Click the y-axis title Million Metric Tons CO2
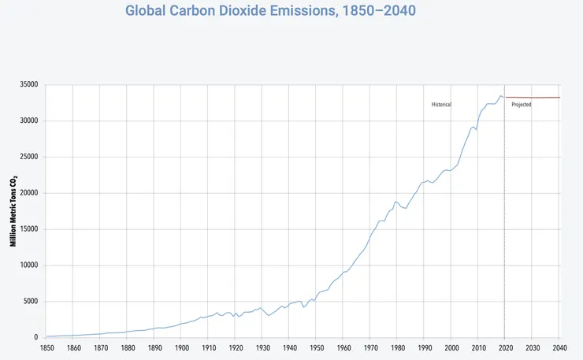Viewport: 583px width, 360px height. (x=13, y=210)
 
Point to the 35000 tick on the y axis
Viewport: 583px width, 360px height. (x=29, y=85)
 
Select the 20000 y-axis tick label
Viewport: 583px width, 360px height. (x=29, y=193)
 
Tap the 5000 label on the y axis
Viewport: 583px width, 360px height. (x=31, y=302)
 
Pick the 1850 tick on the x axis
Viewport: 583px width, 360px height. (x=46, y=348)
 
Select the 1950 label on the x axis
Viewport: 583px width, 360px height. (x=316, y=348)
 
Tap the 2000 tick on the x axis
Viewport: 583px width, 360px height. (x=451, y=348)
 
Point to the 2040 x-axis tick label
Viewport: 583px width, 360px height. (x=559, y=348)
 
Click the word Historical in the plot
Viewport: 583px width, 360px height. (x=441, y=105)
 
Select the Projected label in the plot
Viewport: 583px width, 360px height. (x=522, y=105)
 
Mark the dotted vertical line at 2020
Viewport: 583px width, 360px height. (x=504, y=221)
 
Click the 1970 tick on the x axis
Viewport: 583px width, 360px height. (x=369, y=348)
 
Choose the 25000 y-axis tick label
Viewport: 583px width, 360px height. (x=29, y=157)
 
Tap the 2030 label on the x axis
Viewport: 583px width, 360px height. (x=532, y=348)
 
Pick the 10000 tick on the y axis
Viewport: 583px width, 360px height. (x=29, y=265)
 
